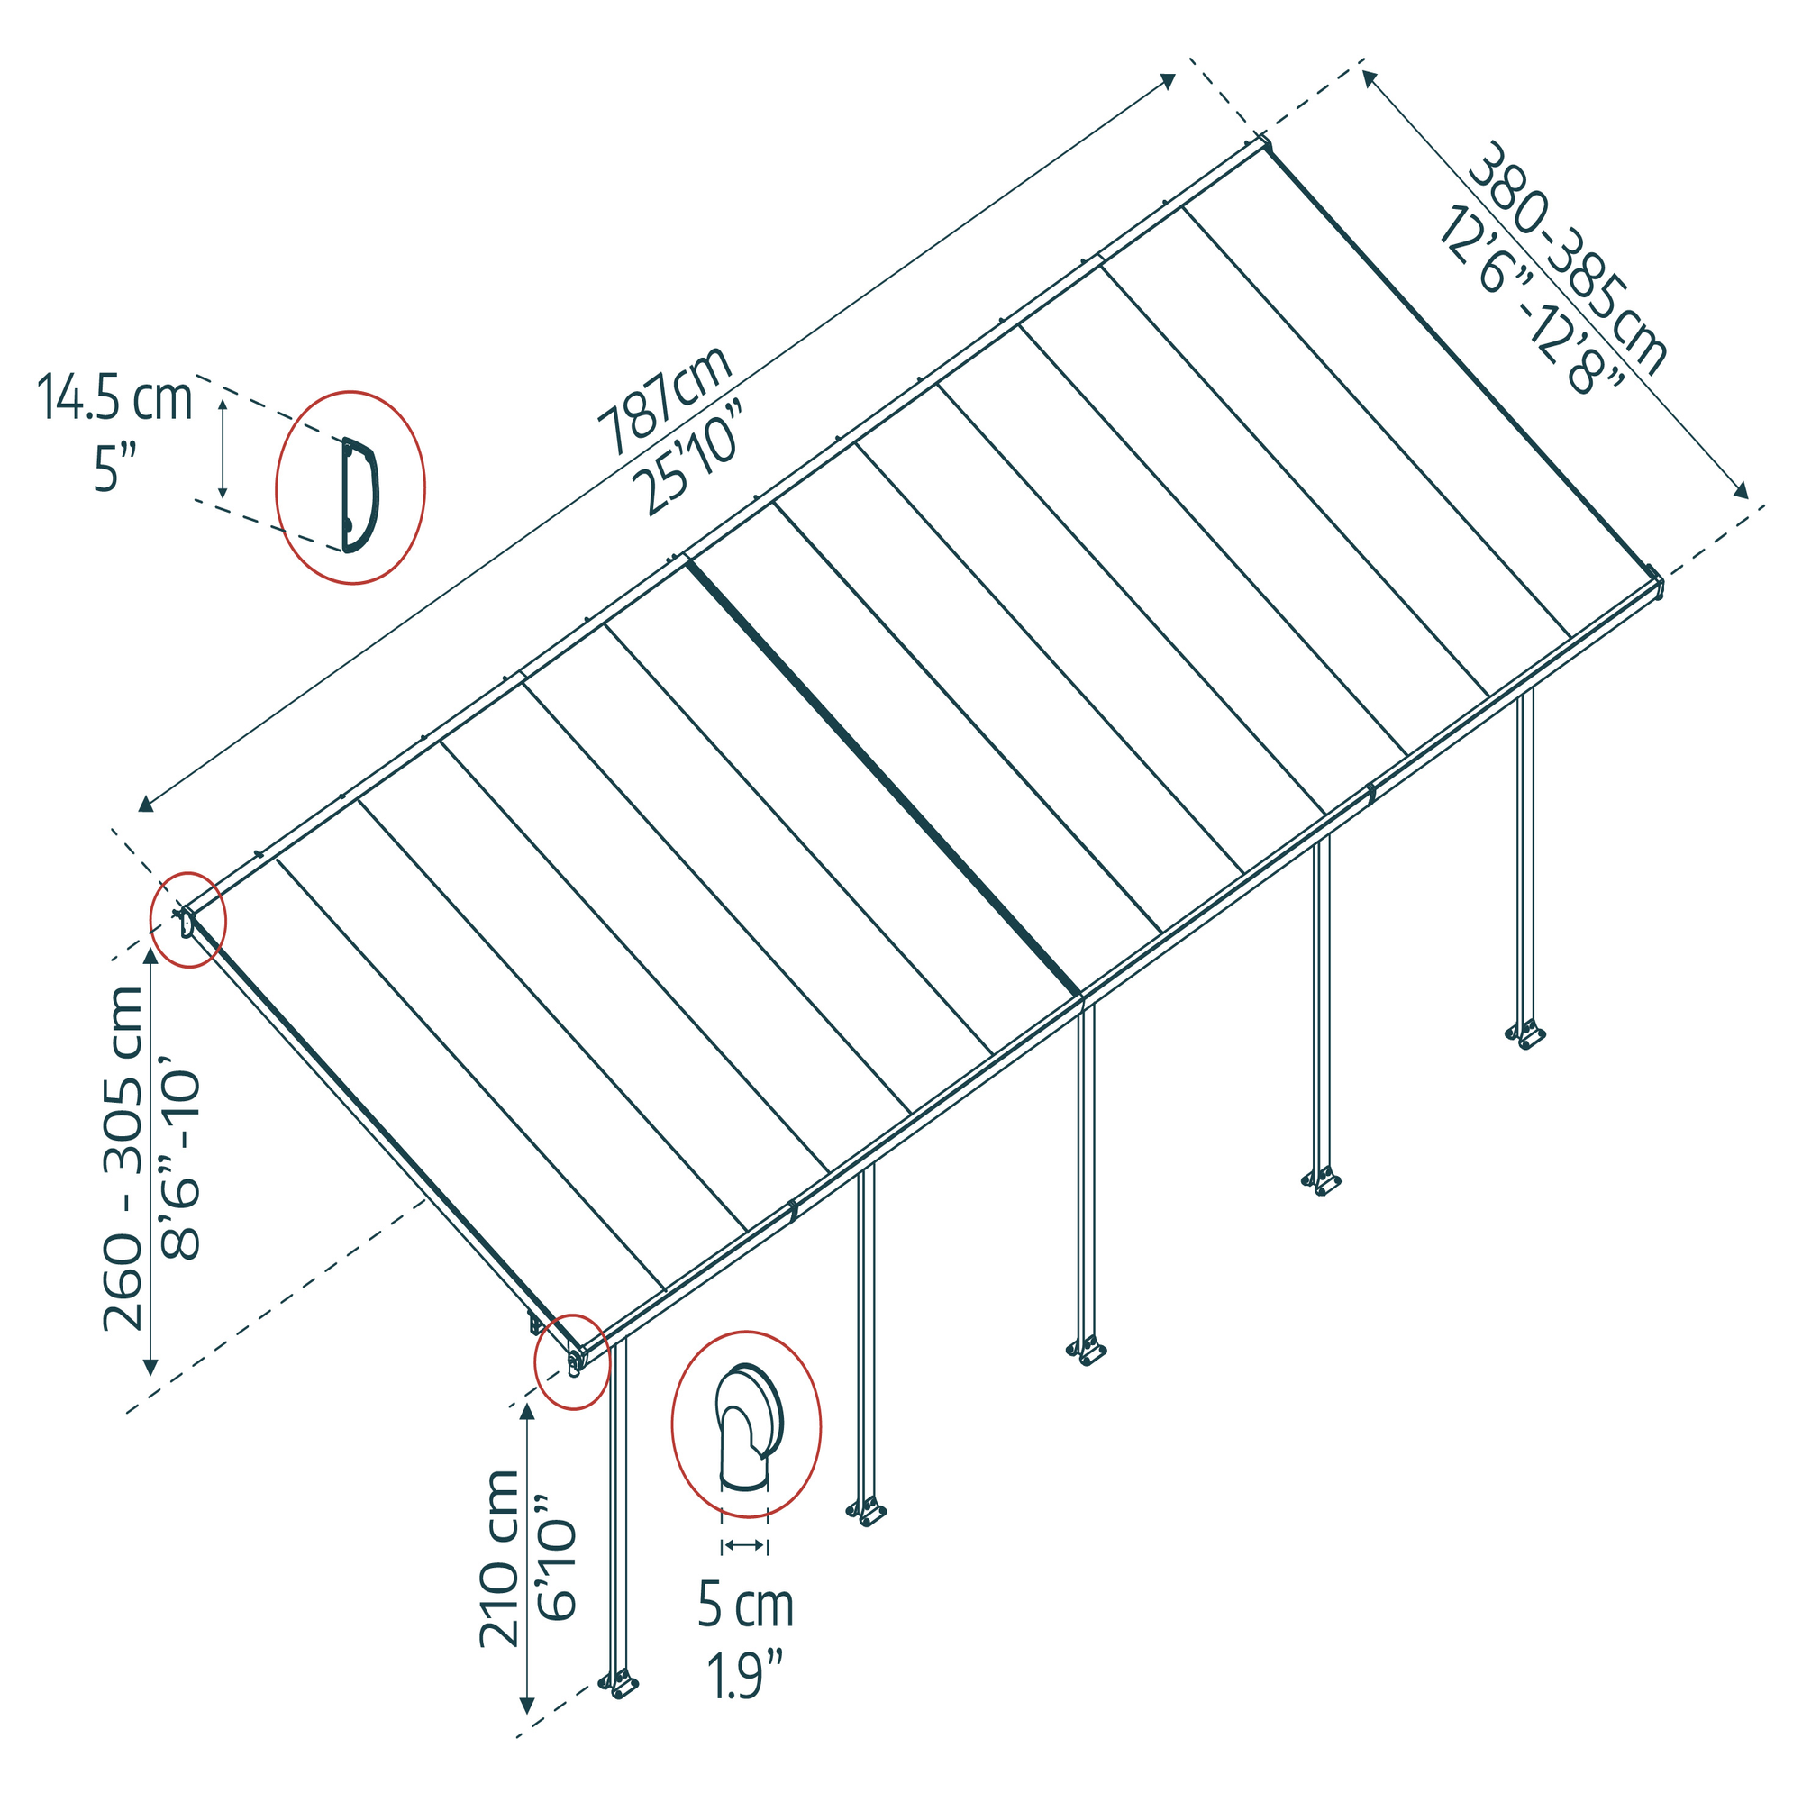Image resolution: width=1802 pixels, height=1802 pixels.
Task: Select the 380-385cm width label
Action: tap(1568, 259)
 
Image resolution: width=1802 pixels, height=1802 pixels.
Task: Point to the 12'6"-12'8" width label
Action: tap(1530, 298)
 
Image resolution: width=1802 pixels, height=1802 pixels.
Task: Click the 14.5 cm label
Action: tap(114, 398)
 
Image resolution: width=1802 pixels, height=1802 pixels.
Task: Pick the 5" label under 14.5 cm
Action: tap(114, 468)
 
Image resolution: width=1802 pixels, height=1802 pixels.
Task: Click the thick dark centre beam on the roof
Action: tap(883, 778)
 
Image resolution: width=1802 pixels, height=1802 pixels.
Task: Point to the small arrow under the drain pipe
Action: tap(744, 1545)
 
